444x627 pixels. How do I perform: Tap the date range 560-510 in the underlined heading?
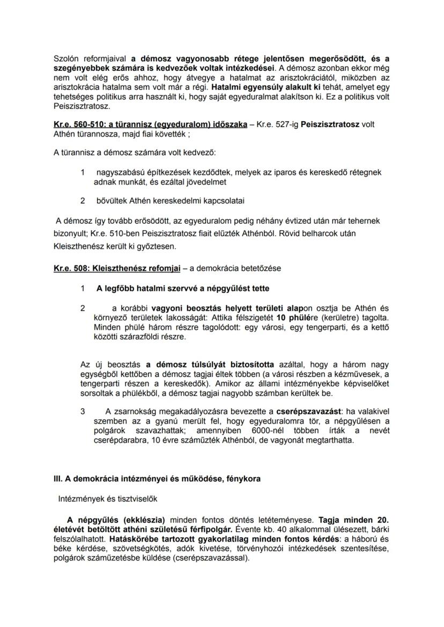(x=81, y=124)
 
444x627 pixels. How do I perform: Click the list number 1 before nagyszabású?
(x=83, y=172)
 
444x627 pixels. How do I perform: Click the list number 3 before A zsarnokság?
(x=83, y=412)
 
